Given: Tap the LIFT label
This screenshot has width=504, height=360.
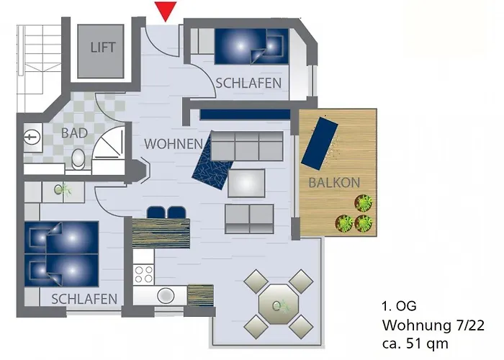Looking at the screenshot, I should pyautogui.click(x=102, y=48).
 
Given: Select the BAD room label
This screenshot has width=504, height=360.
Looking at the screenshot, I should pyautogui.click(x=74, y=133).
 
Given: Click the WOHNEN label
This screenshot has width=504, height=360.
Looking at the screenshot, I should pyautogui.click(x=174, y=144).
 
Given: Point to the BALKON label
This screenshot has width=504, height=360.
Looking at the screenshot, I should pyautogui.click(x=333, y=183).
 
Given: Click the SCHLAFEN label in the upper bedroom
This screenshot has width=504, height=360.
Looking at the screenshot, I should pyautogui.click(x=248, y=84).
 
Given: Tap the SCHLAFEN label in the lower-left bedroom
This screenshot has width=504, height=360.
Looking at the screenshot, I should pyautogui.click(x=84, y=299).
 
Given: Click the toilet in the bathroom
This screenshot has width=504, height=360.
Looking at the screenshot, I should pyautogui.click(x=78, y=159).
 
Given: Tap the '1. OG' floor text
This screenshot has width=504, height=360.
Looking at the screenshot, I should pyautogui.click(x=398, y=306).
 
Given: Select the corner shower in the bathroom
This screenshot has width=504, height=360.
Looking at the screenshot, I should pyautogui.click(x=109, y=147).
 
